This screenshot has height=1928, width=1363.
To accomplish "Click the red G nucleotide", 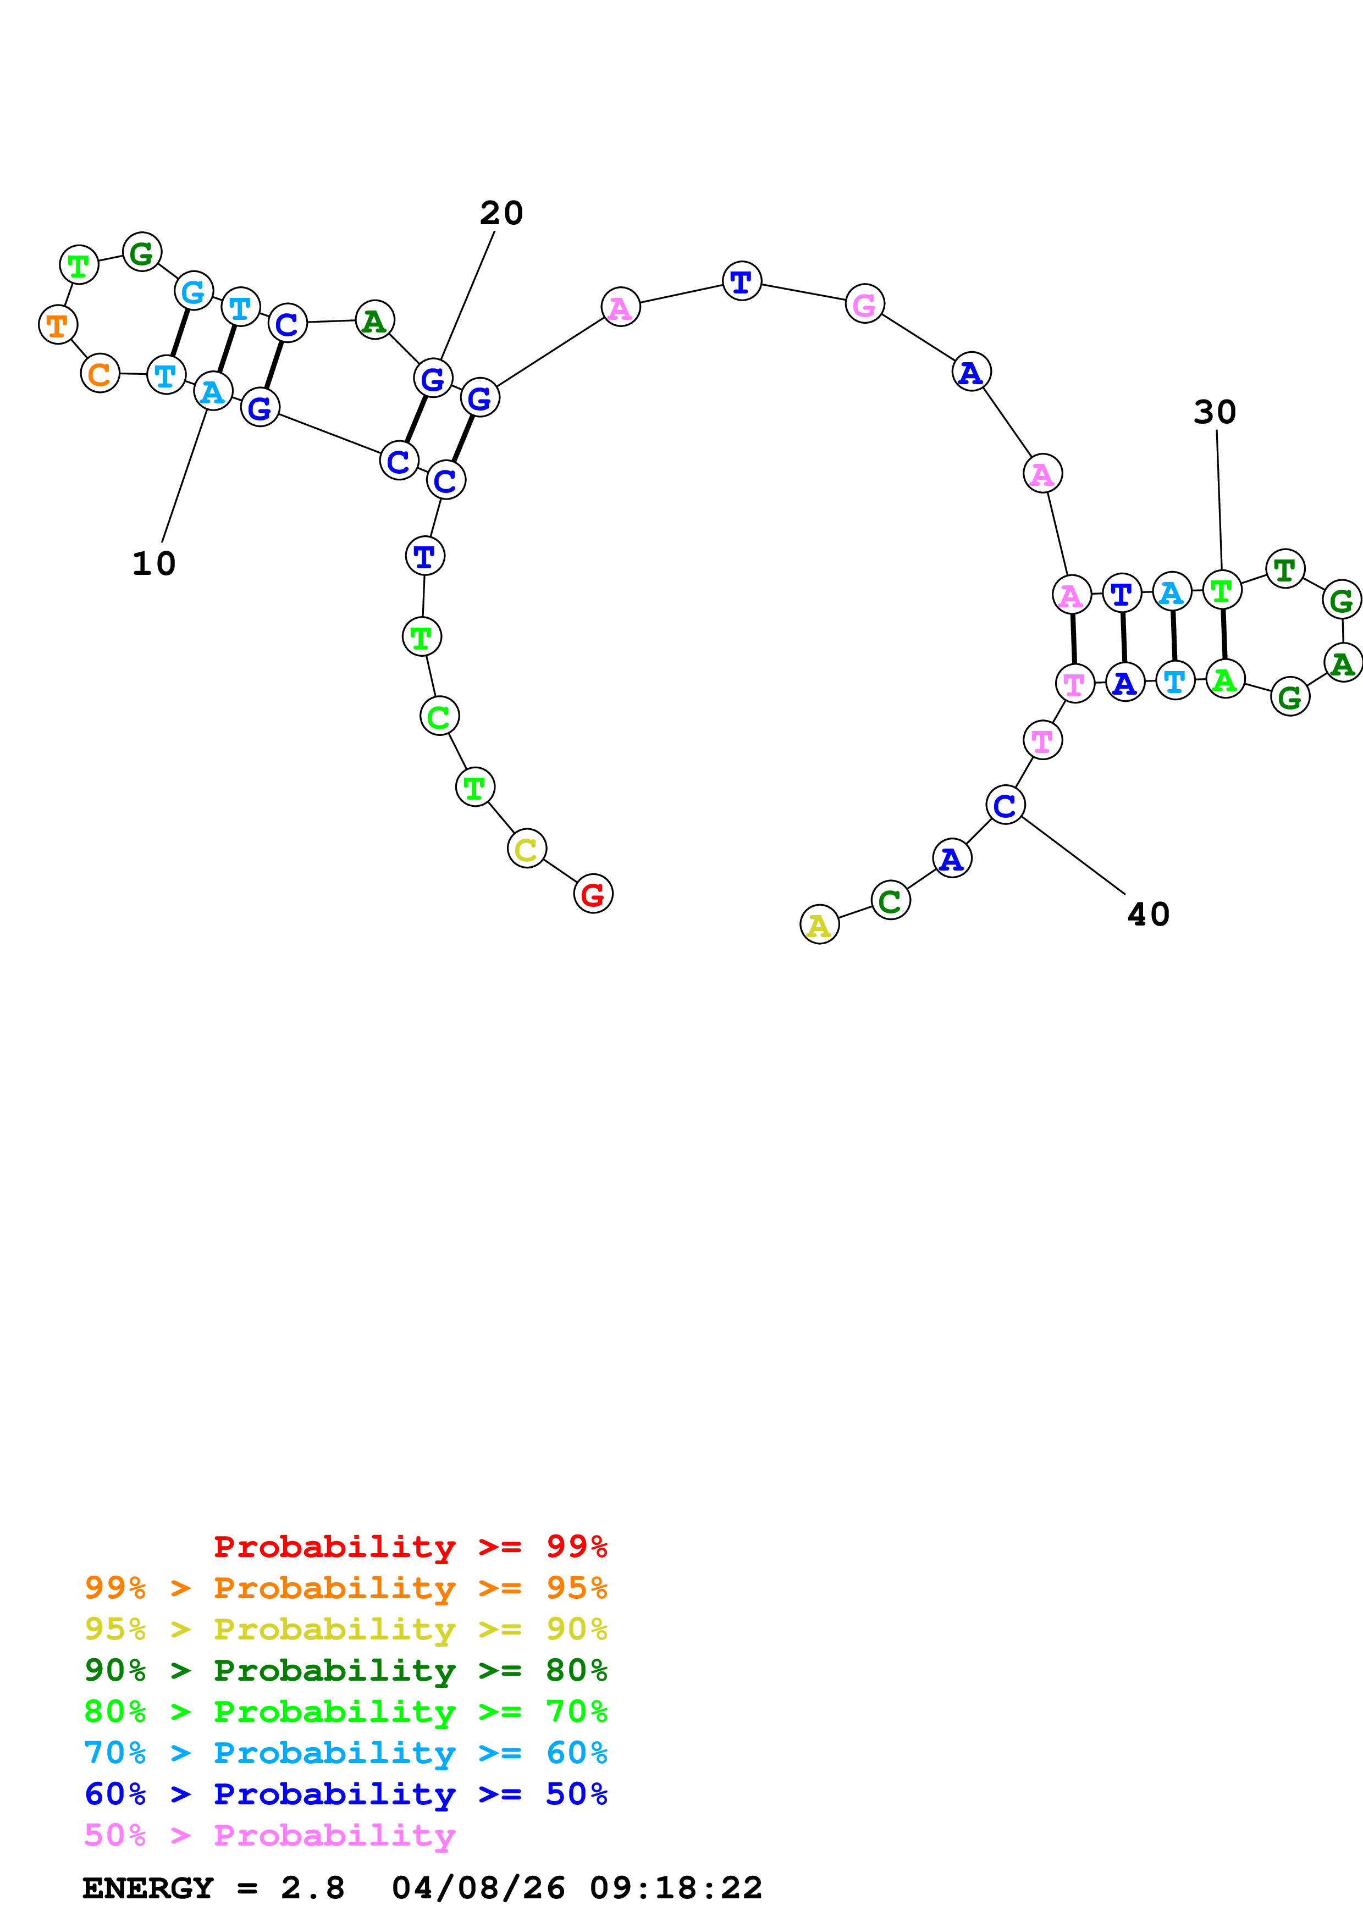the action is tap(593, 894).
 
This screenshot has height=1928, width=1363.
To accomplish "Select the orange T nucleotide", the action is tap(58, 324).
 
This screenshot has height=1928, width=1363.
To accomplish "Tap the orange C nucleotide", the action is tap(100, 374).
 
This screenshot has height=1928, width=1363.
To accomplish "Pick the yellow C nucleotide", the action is tap(527, 849).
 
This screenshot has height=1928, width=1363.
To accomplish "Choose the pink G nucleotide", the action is tap(864, 304).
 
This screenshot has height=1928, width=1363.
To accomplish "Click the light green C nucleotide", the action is tap(439, 716).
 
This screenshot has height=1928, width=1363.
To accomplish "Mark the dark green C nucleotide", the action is tap(890, 900).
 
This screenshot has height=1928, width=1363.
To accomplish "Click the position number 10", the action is tap(154, 563).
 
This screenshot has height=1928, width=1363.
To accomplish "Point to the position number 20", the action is tap(501, 213).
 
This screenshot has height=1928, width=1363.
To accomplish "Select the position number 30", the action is tap(1215, 412).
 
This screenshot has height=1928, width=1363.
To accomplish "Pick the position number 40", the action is tap(1148, 915).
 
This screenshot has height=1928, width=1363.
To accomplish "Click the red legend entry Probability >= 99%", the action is tap(410, 1547).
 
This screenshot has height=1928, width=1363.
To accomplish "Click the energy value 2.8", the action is tap(312, 1888).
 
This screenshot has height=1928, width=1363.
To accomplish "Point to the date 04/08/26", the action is tap(478, 1888).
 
